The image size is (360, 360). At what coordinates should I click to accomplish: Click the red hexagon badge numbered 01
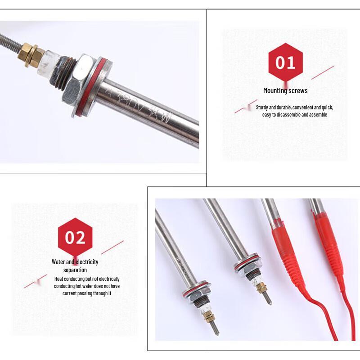(x=285, y=63)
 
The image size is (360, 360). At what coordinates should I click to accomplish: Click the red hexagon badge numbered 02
(x=75, y=237)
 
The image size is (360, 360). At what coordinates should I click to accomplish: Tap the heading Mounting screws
(x=285, y=90)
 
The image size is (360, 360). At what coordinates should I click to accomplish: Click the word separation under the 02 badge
(x=75, y=270)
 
